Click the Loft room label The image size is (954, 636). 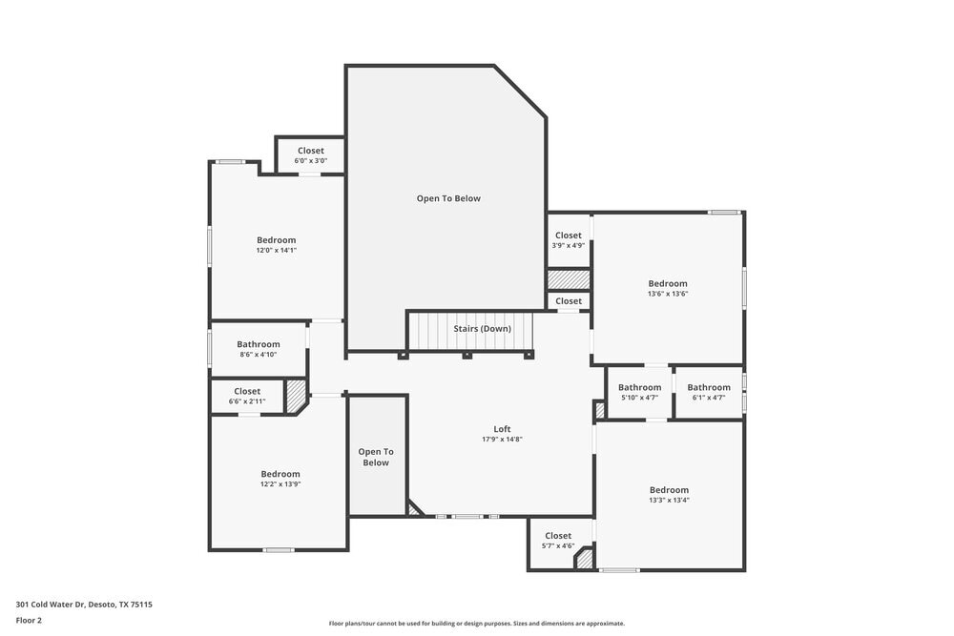tap(502, 429)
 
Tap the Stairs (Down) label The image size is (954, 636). tap(482, 329)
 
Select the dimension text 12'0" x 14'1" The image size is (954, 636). tap(277, 251)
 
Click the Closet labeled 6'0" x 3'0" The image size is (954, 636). tap(310, 155)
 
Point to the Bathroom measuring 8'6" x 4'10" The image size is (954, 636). tap(259, 349)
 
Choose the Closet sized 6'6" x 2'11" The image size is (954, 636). tap(247, 396)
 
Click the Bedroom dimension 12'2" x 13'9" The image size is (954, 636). tap(280, 484)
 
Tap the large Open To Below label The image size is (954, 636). tap(448, 198)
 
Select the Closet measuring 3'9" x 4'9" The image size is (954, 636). tap(568, 239)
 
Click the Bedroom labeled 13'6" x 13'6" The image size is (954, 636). tap(668, 288)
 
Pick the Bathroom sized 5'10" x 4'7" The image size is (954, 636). tap(639, 392)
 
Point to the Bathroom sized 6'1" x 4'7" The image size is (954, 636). tap(709, 392)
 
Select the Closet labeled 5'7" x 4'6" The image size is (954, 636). tap(558, 541)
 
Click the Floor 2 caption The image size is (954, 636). tap(29, 620)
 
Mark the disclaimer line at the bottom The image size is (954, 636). tap(477, 624)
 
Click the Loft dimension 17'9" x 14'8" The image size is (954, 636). tap(502, 440)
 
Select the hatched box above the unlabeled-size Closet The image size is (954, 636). tap(569, 278)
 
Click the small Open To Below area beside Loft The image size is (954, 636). tap(376, 457)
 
